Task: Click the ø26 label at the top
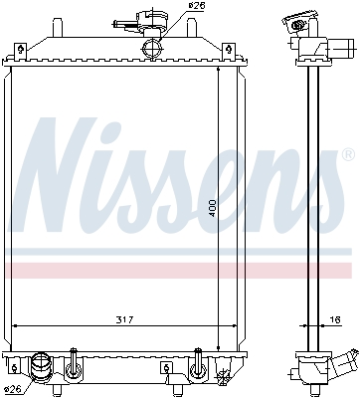[198, 6]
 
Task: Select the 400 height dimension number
[213, 208]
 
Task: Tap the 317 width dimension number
[124, 319]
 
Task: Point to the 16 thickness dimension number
[336, 319]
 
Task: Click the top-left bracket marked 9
[21, 52]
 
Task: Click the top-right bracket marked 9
[228, 52]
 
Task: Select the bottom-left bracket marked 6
[14, 368]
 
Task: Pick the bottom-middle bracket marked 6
[167, 368]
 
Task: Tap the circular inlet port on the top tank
[152, 49]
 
